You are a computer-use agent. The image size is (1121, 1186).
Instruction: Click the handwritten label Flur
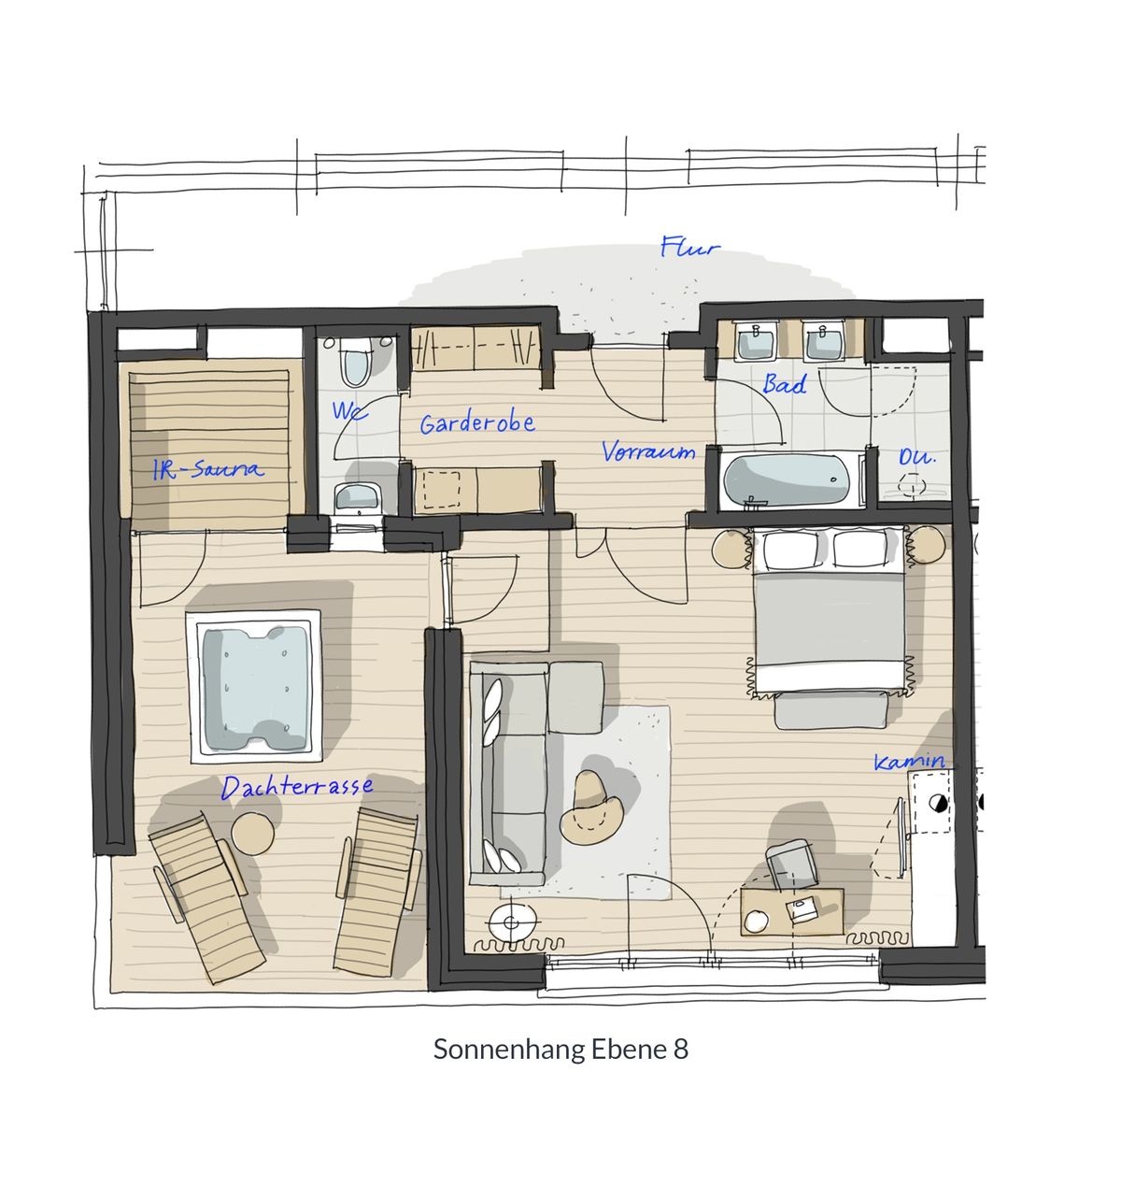[x=689, y=247]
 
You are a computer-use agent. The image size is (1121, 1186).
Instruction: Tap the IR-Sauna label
[x=208, y=469]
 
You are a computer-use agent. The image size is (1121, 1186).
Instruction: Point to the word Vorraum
[x=647, y=451]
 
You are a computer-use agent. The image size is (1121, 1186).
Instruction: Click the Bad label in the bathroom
[x=784, y=384]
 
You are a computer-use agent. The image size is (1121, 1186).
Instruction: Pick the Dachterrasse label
[x=297, y=787]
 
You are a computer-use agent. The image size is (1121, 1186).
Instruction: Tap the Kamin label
[x=909, y=762]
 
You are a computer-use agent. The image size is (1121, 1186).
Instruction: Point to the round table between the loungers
[x=252, y=833]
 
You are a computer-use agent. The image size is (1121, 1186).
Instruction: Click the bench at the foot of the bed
[x=831, y=710]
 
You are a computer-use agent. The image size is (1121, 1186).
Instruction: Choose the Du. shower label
[x=917, y=457]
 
